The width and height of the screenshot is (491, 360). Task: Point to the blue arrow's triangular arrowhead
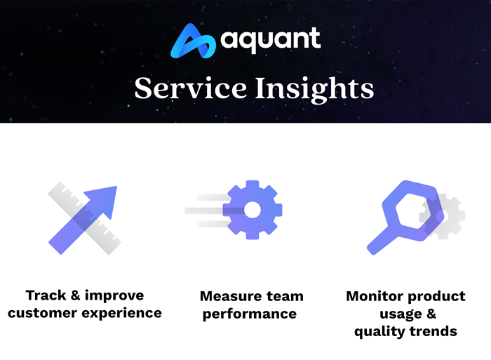coord(105,197)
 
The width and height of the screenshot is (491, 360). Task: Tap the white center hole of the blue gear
coord(252,210)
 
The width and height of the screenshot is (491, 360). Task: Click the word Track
coord(47,295)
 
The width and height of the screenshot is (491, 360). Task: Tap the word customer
coord(44,312)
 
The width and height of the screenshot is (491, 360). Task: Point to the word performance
coord(249,314)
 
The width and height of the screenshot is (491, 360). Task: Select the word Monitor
coord(377,296)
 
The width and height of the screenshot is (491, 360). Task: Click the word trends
coord(434,331)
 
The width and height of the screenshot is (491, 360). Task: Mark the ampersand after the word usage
coord(431,314)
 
